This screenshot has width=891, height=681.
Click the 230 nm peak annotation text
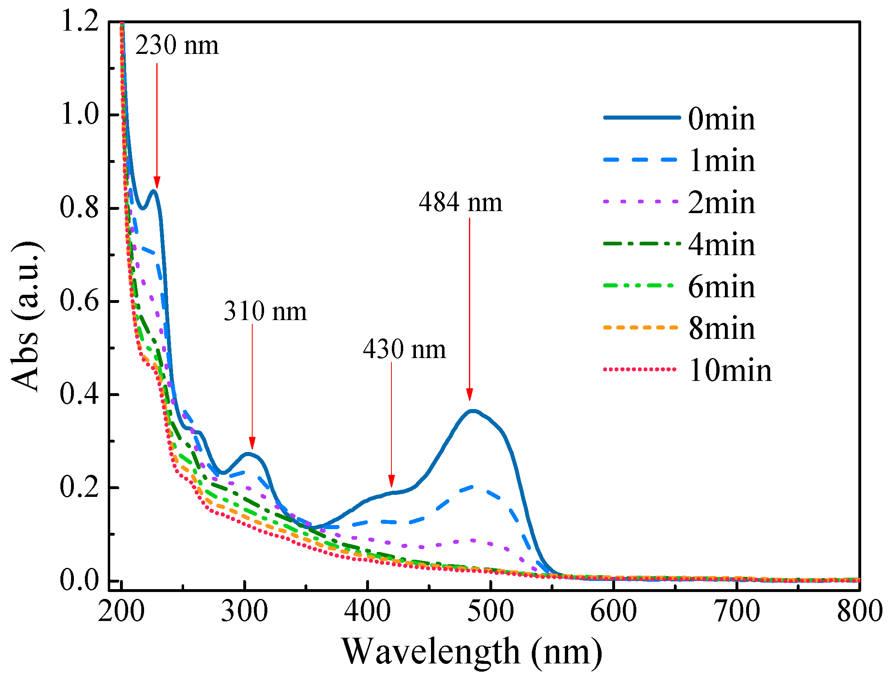(177, 45)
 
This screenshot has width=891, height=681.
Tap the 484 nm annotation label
(460, 202)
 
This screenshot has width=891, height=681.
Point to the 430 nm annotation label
(404, 349)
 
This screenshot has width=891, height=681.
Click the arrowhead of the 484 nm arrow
(469, 394)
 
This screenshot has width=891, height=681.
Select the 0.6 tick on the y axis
(80, 301)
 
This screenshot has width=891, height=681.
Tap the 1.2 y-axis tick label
(80, 21)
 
